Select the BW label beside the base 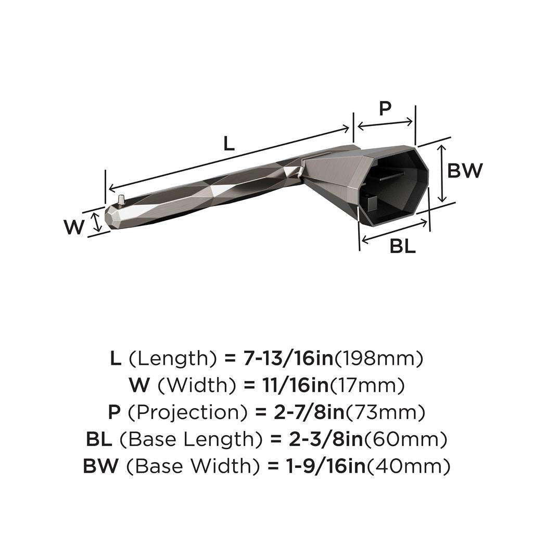tap(465, 170)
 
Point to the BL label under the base tap(403, 247)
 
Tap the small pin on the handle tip tap(121, 199)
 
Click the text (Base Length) tap(191, 440)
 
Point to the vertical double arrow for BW tap(441, 173)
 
